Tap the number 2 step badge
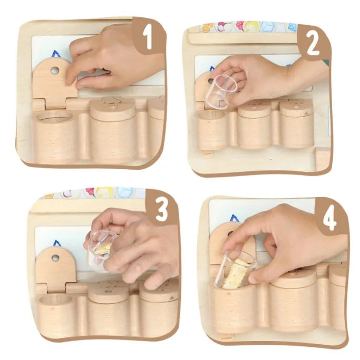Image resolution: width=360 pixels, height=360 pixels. click(313, 44)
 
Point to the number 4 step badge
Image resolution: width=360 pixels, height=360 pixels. click(330, 219)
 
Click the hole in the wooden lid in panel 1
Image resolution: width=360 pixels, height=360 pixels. click(55, 70)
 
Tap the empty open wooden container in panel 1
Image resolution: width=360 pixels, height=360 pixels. click(55, 136)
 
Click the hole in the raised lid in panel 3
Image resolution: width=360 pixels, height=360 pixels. click(55, 258)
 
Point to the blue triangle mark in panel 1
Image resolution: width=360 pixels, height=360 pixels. click(56, 55)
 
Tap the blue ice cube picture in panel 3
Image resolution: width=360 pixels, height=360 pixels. click(125, 192)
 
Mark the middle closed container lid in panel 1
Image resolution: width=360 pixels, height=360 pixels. click(112, 109)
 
